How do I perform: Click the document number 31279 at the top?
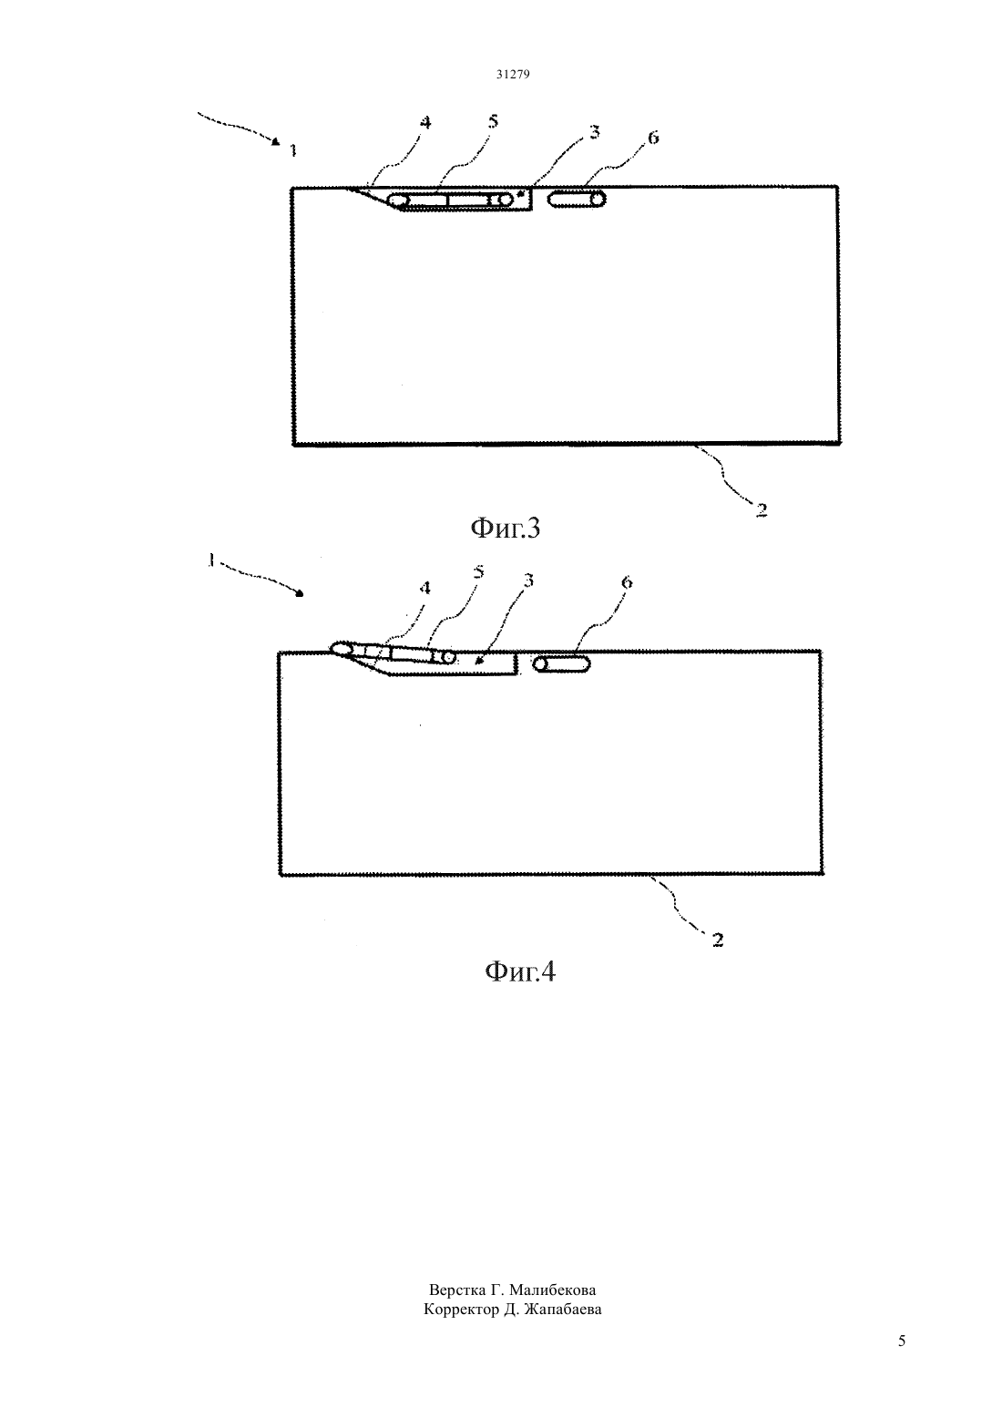512,74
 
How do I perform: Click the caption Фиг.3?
505,528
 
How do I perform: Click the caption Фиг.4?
520,971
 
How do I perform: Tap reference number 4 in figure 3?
425,122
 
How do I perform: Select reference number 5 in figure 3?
493,121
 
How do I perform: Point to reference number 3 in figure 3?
594,133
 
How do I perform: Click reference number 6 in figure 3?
653,138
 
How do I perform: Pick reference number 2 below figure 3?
762,509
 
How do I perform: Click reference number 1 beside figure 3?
293,150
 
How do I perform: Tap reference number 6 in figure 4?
627,582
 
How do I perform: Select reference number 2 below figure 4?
718,940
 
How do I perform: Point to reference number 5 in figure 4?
479,572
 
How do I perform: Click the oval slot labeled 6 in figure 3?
577,200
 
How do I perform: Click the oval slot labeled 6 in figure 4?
562,664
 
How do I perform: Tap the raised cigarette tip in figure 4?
341,648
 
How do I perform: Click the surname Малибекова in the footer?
552,1290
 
